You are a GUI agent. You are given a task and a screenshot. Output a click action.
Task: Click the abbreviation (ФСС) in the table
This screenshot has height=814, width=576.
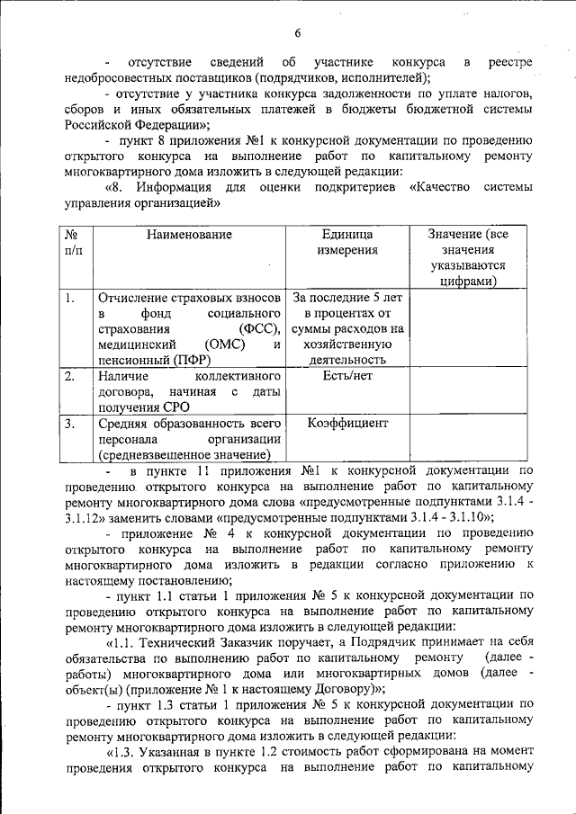262,329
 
